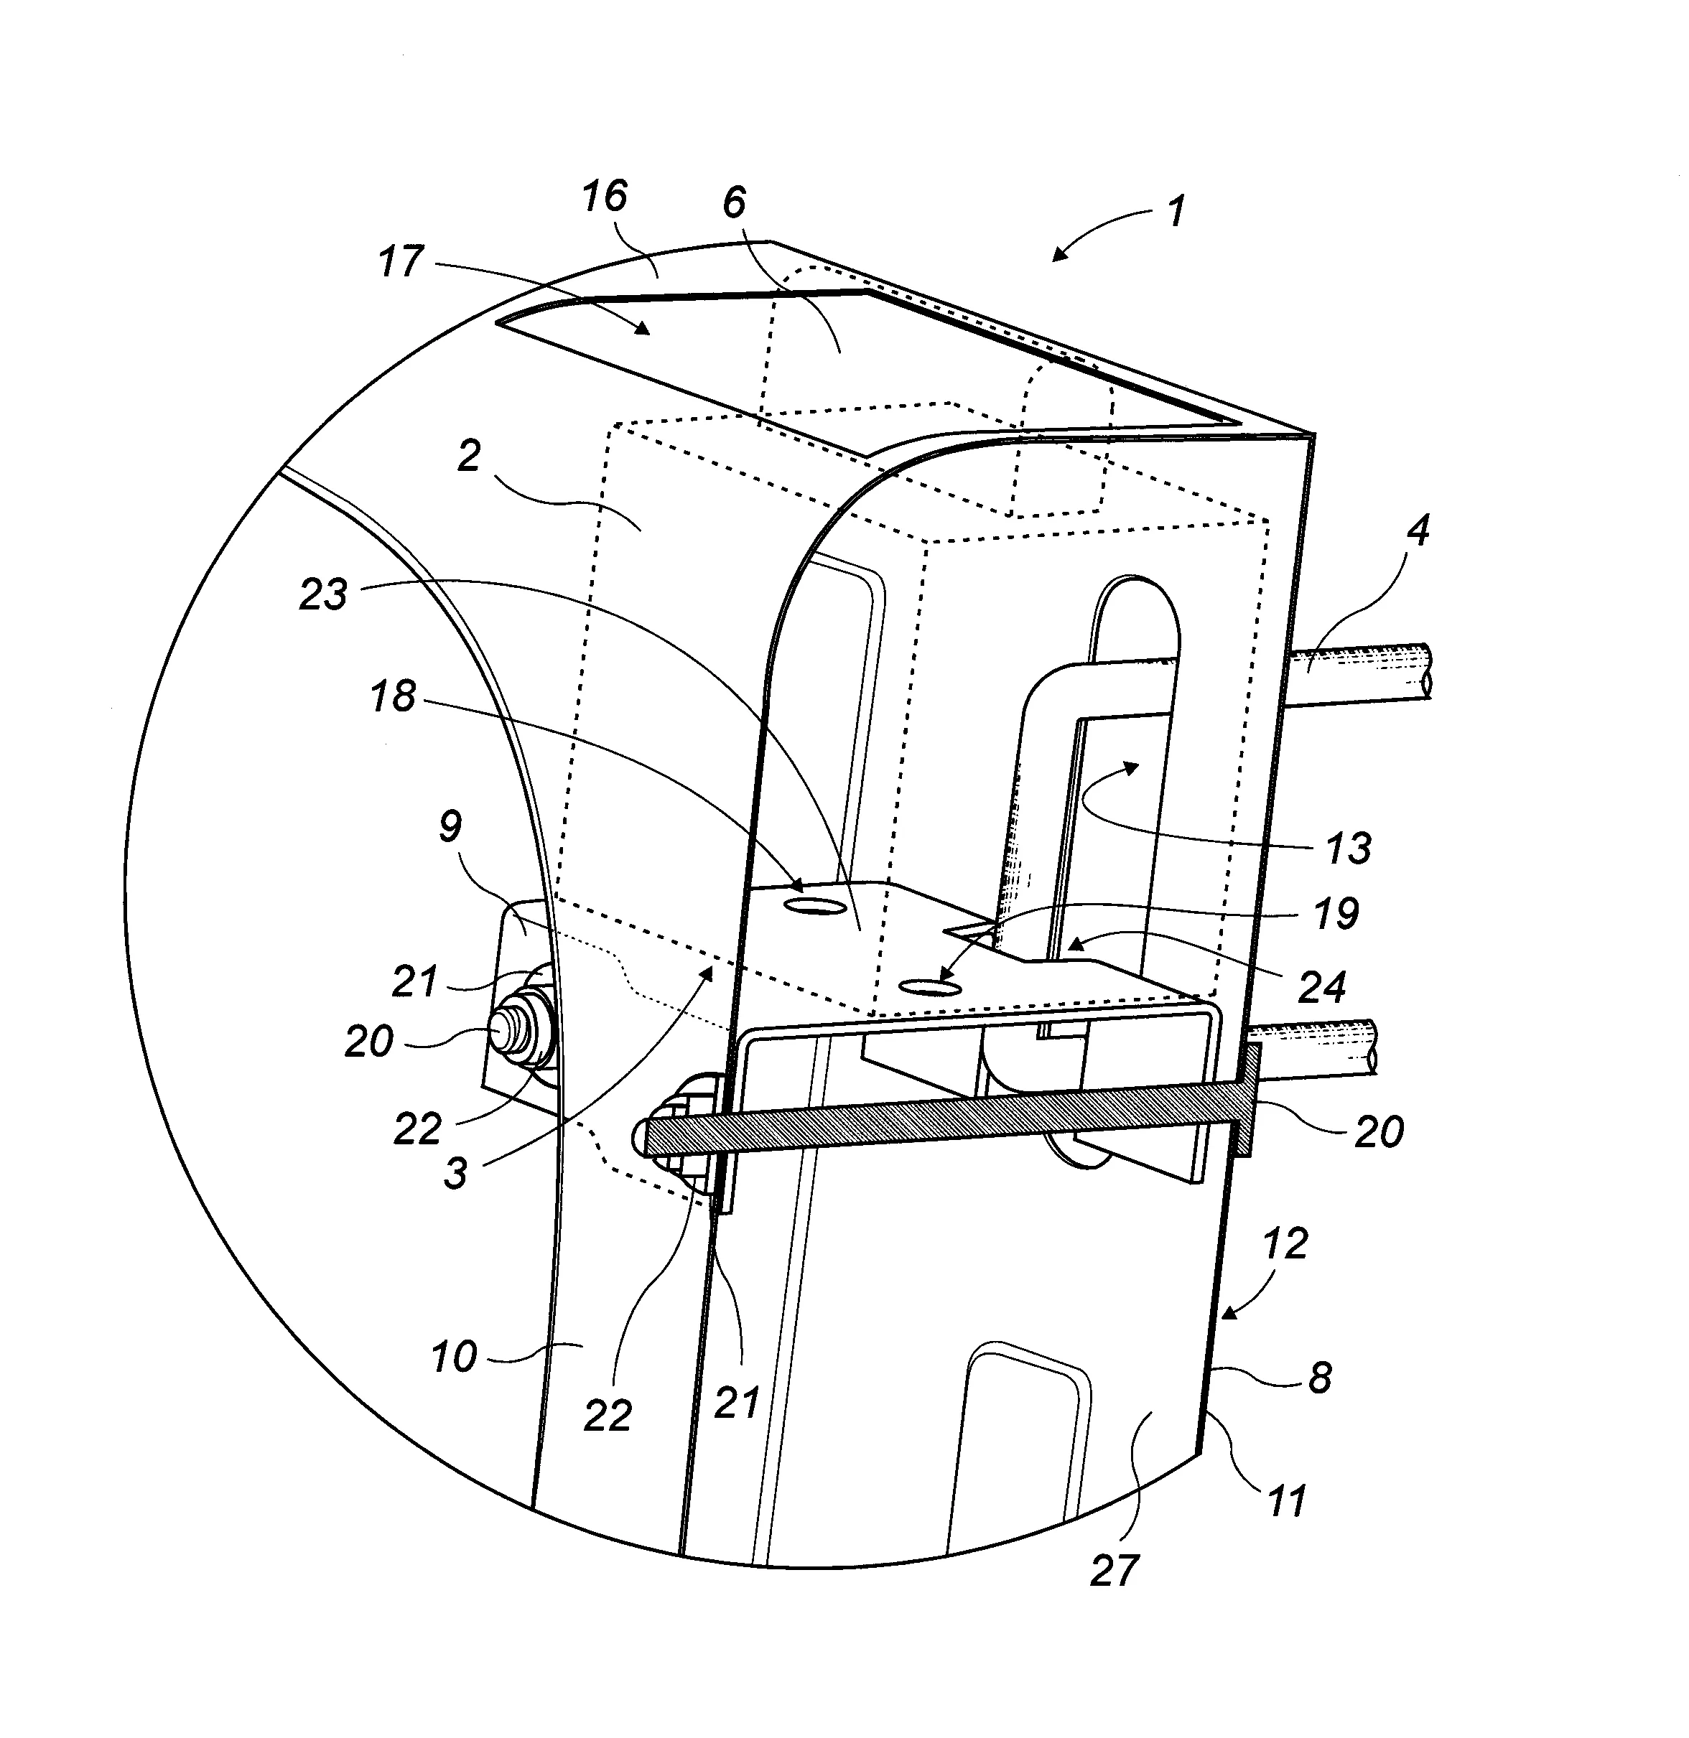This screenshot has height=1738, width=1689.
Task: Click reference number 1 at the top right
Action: pos(1176,212)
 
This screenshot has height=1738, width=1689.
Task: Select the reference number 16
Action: pos(605,196)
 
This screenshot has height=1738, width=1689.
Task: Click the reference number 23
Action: pos(323,594)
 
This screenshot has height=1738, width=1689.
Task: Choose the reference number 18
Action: pos(393,697)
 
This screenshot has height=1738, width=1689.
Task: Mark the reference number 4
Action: pos(1418,531)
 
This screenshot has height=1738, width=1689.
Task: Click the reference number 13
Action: pos(1349,848)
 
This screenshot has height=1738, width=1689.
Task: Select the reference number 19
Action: pos(1336,912)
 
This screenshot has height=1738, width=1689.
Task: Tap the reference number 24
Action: pos(1322,986)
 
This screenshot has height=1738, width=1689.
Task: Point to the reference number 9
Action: pos(450,826)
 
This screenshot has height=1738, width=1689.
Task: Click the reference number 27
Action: pos(1115,1571)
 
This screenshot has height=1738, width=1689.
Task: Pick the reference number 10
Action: pos(454,1357)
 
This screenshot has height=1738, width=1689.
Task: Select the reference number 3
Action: pos(455,1172)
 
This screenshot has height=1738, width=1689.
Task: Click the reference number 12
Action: pos(1285,1244)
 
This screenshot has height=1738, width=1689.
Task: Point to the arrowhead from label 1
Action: pos(1057,256)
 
